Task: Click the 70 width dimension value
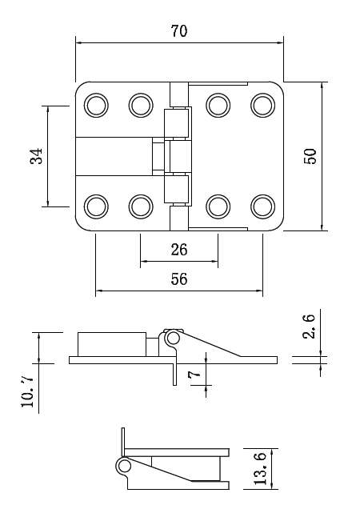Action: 179,31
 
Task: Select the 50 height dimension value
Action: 310,155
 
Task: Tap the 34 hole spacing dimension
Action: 36,155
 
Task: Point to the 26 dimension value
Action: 179,250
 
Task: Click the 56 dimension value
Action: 179,279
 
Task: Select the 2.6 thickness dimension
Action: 310,327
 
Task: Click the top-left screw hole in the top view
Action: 96,104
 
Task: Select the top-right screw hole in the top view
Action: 262,104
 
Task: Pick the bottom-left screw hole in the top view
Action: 96,206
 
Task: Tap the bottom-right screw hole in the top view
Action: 262,206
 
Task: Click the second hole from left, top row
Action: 141,104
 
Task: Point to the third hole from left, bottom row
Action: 217,206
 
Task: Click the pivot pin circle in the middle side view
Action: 172,339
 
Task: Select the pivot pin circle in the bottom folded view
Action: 124,465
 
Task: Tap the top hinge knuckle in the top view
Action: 177,122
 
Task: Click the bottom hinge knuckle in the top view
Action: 177,190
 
